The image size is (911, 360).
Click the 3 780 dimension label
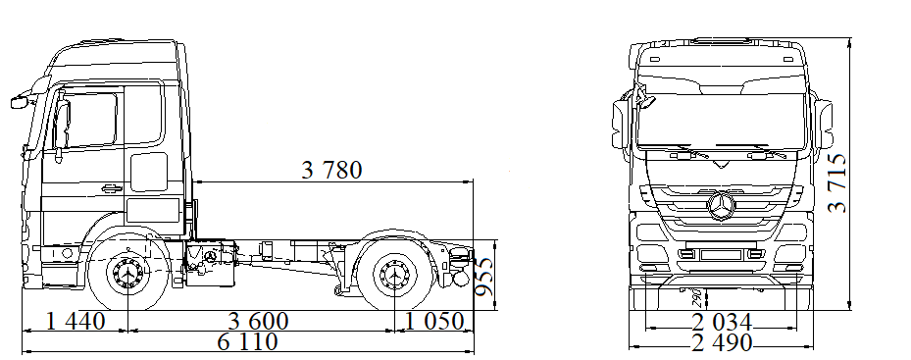pyautogui.click(x=331, y=170)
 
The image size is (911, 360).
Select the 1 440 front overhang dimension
pyautogui.click(x=76, y=321)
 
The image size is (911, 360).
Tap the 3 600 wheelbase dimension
pyautogui.click(x=259, y=321)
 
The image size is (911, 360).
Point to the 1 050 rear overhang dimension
pyautogui.click(x=434, y=321)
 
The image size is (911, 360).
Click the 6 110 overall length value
pyautogui.click(x=247, y=342)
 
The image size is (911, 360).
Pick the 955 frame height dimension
pyautogui.click(x=484, y=277)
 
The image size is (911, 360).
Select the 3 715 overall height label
pyautogui.click(x=837, y=183)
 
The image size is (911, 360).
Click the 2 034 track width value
pyautogui.click(x=722, y=322)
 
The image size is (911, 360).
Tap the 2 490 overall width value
pyautogui.click(x=722, y=342)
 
